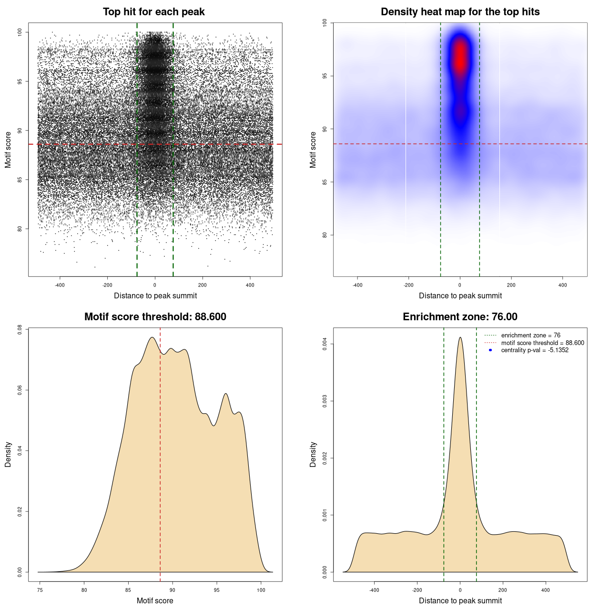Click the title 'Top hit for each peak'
pos(153,12)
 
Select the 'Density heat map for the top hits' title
pos(460,12)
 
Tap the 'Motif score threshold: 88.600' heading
pos(155,317)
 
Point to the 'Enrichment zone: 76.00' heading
pos(460,317)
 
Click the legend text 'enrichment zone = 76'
pos(530,335)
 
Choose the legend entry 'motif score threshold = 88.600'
pos(542,343)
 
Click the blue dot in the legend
pos(490,350)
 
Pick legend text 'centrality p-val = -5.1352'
pos(535,350)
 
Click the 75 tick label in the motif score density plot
pos(40,590)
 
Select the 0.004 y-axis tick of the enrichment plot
pos(325,344)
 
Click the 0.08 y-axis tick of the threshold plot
pos(20,329)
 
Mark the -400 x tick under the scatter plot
pos(60,285)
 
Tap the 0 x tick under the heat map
pos(460,285)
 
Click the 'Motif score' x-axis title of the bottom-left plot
pos(155,600)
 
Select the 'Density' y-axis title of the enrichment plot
pos(313,454)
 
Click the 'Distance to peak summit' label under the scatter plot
pos(155,295)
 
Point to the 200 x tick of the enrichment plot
pos(503,590)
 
